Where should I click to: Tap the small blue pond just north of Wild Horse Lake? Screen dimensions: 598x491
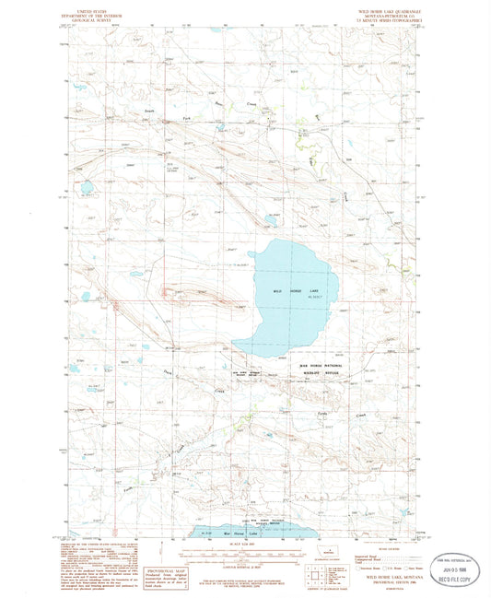271,221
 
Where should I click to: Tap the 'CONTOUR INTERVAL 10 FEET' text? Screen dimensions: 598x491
244,566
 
